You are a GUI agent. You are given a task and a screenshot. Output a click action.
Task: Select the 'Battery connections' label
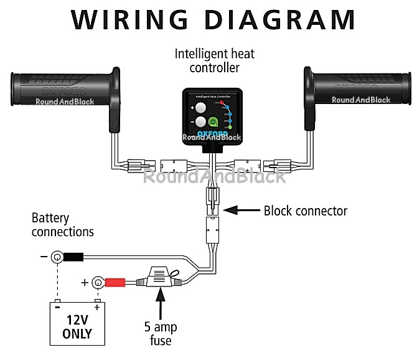click(63, 225)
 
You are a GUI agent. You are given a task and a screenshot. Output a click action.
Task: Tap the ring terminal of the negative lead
click(57, 256)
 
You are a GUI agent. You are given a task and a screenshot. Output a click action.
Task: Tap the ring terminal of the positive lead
click(97, 283)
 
